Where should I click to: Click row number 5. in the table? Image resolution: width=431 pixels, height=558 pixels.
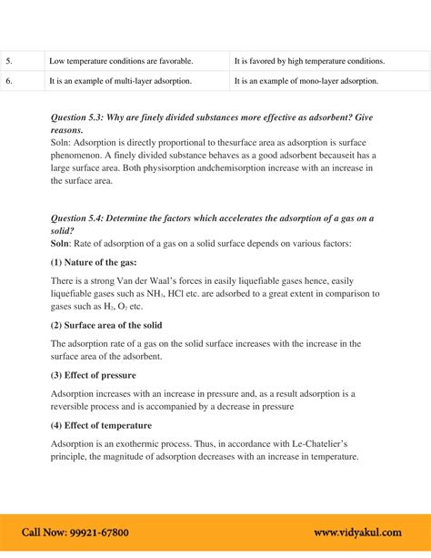9,61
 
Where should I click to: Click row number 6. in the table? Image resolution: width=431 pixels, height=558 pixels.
9,81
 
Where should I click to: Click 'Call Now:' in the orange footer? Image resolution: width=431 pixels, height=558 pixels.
40,533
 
